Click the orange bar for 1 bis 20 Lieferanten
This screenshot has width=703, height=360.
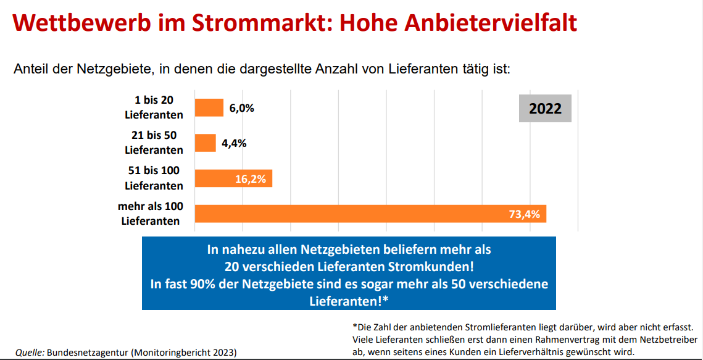coord(209,107)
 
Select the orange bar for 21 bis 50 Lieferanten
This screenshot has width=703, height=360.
coord(206,143)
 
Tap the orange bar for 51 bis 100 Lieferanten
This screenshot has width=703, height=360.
coord(233,178)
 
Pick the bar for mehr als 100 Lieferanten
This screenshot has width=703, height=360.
coord(370,214)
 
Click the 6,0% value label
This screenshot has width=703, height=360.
coord(242,108)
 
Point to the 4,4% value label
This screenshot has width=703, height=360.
coord(234,143)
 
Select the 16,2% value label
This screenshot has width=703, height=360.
coord(251,179)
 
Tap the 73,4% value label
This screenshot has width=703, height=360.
coord(524,214)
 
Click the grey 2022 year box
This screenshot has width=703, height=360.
coord(545,109)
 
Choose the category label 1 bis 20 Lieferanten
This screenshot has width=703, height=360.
coord(154,107)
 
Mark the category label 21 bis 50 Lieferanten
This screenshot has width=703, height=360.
coord(154,143)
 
